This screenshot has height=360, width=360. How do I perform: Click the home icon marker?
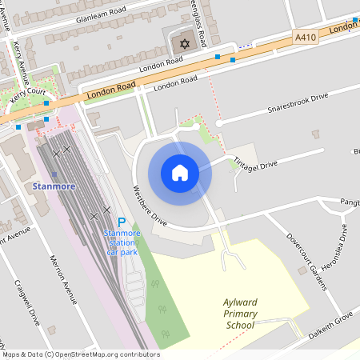click(x=180, y=173)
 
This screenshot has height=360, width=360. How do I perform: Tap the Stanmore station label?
click(x=54, y=186)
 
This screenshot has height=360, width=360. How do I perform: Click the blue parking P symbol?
click(x=122, y=222)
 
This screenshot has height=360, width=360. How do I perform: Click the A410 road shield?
click(x=305, y=38)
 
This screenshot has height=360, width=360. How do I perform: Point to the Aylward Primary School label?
click(x=240, y=314)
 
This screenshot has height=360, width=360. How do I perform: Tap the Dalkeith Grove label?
click(x=330, y=321)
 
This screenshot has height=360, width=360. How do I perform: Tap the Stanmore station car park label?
click(x=122, y=242)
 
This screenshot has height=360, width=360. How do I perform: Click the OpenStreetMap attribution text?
click(x=80, y=354)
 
